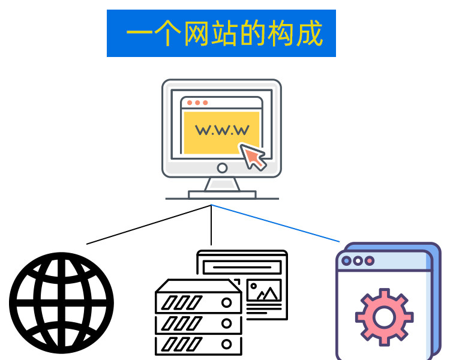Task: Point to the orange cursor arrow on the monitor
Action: point(253,157)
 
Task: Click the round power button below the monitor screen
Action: point(222,168)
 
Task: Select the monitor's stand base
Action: point(222,194)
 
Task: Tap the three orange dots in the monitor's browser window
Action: point(196,103)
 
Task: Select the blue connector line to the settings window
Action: point(276,224)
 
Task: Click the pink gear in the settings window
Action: point(384,316)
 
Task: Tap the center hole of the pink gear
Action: point(384,316)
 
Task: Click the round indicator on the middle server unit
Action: point(227,323)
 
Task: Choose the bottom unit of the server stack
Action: point(199,344)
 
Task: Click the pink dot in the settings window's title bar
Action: point(370,261)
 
